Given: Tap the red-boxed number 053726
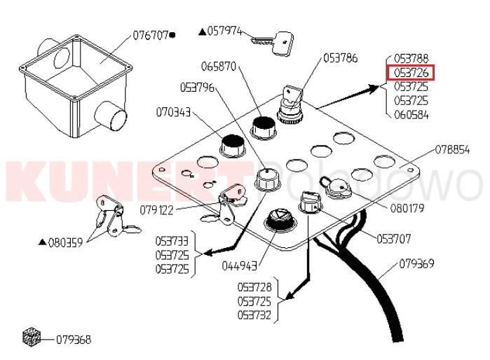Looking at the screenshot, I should coord(411,72).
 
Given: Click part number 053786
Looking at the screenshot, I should coord(341,58).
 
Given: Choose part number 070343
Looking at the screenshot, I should coord(173,111).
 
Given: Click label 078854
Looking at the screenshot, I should coord(452,149).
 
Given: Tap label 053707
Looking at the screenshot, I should coord(394,239).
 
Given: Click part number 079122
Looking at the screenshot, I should coord(157,209).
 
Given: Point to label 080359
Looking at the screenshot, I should coord(65,242).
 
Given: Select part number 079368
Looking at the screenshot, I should coord(74,340).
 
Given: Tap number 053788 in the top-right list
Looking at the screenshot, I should coord(411,58).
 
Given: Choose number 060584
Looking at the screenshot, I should coord(411,115).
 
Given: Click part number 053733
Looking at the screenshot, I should coord(172,240).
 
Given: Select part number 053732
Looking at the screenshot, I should coord(255,315).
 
